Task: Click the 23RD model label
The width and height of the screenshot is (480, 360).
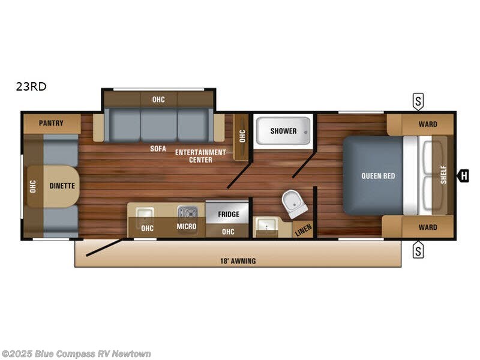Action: tap(31, 86)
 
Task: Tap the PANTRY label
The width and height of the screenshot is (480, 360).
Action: tap(52, 124)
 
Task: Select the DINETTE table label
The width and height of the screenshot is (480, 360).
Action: tap(62, 186)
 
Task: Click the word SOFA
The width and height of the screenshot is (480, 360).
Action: tap(158, 149)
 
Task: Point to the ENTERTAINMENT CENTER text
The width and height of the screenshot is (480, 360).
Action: tap(200, 156)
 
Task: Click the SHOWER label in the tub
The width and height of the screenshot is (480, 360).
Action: tap(283, 131)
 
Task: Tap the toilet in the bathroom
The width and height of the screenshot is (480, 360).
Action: tap(295, 204)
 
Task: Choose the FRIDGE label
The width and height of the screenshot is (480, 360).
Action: tap(229, 214)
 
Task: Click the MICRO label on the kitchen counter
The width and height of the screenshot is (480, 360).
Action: tap(187, 227)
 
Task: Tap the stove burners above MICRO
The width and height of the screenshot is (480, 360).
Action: tap(187, 212)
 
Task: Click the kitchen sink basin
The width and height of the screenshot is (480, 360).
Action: tap(144, 213)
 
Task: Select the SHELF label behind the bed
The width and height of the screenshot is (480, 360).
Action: tap(444, 176)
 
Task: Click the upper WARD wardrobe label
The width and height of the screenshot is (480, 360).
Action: tap(428, 124)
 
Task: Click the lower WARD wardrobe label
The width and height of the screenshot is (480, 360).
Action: tap(428, 227)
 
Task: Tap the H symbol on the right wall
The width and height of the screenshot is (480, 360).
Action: tap(463, 176)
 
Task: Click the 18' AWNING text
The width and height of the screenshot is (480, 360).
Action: tap(238, 260)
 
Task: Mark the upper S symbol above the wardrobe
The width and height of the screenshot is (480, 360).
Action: tap(418, 101)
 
